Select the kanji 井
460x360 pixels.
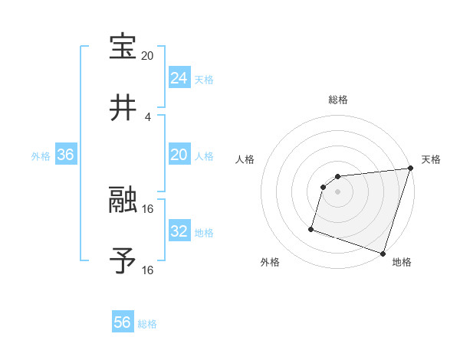(x=123, y=109)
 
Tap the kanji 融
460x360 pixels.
(x=123, y=201)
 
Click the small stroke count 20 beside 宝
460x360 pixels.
(x=148, y=56)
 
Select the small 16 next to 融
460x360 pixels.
(x=148, y=208)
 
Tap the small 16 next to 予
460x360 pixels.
(x=148, y=270)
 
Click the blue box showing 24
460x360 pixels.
(x=179, y=78)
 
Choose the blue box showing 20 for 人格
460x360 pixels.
(x=179, y=155)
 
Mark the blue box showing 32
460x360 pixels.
(x=179, y=231)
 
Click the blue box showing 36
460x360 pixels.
(x=65, y=155)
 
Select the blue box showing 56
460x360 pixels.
(x=123, y=322)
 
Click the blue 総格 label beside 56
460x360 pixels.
(x=147, y=324)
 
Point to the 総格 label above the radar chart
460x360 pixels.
(x=337, y=100)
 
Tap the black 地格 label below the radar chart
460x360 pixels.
(x=402, y=263)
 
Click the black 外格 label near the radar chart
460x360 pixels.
(x=270, y=263)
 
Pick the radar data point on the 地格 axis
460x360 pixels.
(x=383, y=253)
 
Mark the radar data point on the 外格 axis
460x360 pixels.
(x=311, y=228)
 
